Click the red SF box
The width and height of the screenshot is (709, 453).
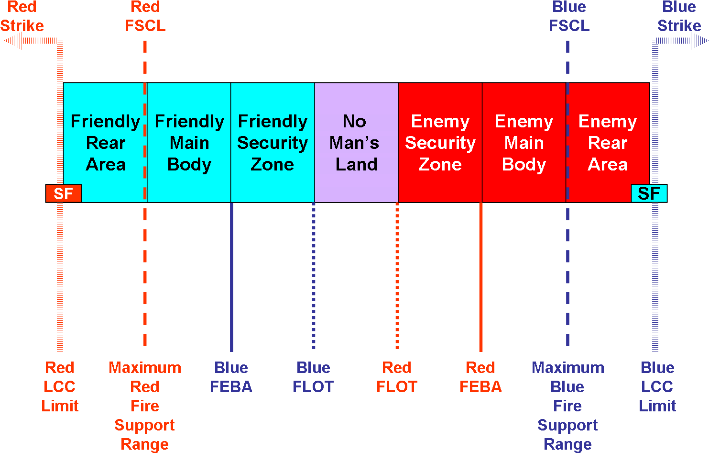[x=64, y=193]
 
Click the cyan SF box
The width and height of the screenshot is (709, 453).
[x=649, y=193]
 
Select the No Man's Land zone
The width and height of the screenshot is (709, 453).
[x=356, y=142]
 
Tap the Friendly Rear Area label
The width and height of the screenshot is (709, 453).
[x=106, y=143]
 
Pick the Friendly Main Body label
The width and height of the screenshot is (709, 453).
[x=189, y=143]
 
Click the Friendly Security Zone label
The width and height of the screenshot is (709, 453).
[x=273, y=143]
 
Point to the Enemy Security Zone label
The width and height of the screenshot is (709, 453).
[x=440, y=143]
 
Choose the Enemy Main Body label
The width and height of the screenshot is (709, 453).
[x=524, y=143]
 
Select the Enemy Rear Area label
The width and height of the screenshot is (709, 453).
[x=607, y=143]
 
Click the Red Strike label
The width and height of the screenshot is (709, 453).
[x=22, y=16]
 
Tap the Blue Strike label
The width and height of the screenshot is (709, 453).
[x=679, y=16]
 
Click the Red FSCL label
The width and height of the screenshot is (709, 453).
[x=145, y=16]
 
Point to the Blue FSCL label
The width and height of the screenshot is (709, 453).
[x=569, y=16]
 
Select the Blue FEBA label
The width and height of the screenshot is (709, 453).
[x=231, y=377]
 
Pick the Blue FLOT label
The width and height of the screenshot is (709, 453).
[x=313, y=377]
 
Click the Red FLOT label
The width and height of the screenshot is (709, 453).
[x=397, y=377]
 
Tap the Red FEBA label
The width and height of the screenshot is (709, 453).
[x=480, y=377]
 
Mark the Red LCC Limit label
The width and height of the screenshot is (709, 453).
[x=60, y=387]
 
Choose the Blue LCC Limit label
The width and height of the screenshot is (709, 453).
[x=657, y=387]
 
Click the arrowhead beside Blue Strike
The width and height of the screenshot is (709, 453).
[x=699, y=41]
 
